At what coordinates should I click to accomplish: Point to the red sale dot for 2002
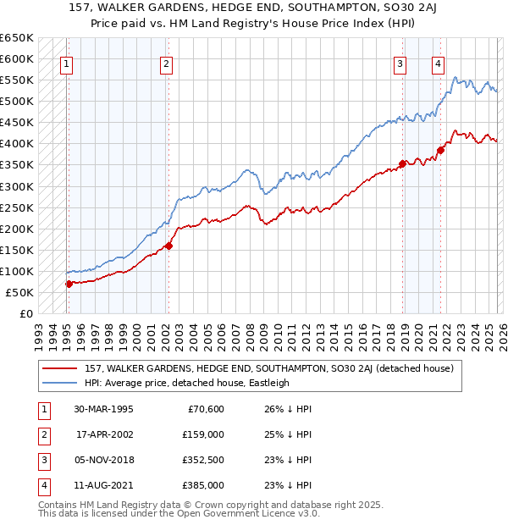coord(168,246)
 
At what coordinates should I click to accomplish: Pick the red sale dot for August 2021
coord(441,151)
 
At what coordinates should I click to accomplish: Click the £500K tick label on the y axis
coord(17,102)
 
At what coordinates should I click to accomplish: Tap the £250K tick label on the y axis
coord(17,207)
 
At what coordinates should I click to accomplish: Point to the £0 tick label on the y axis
coord(25,313)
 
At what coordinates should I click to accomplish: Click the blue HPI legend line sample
coord(61,383)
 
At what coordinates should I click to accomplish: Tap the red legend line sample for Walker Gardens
coord(61,368)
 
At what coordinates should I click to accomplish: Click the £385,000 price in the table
coord(203,485)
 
